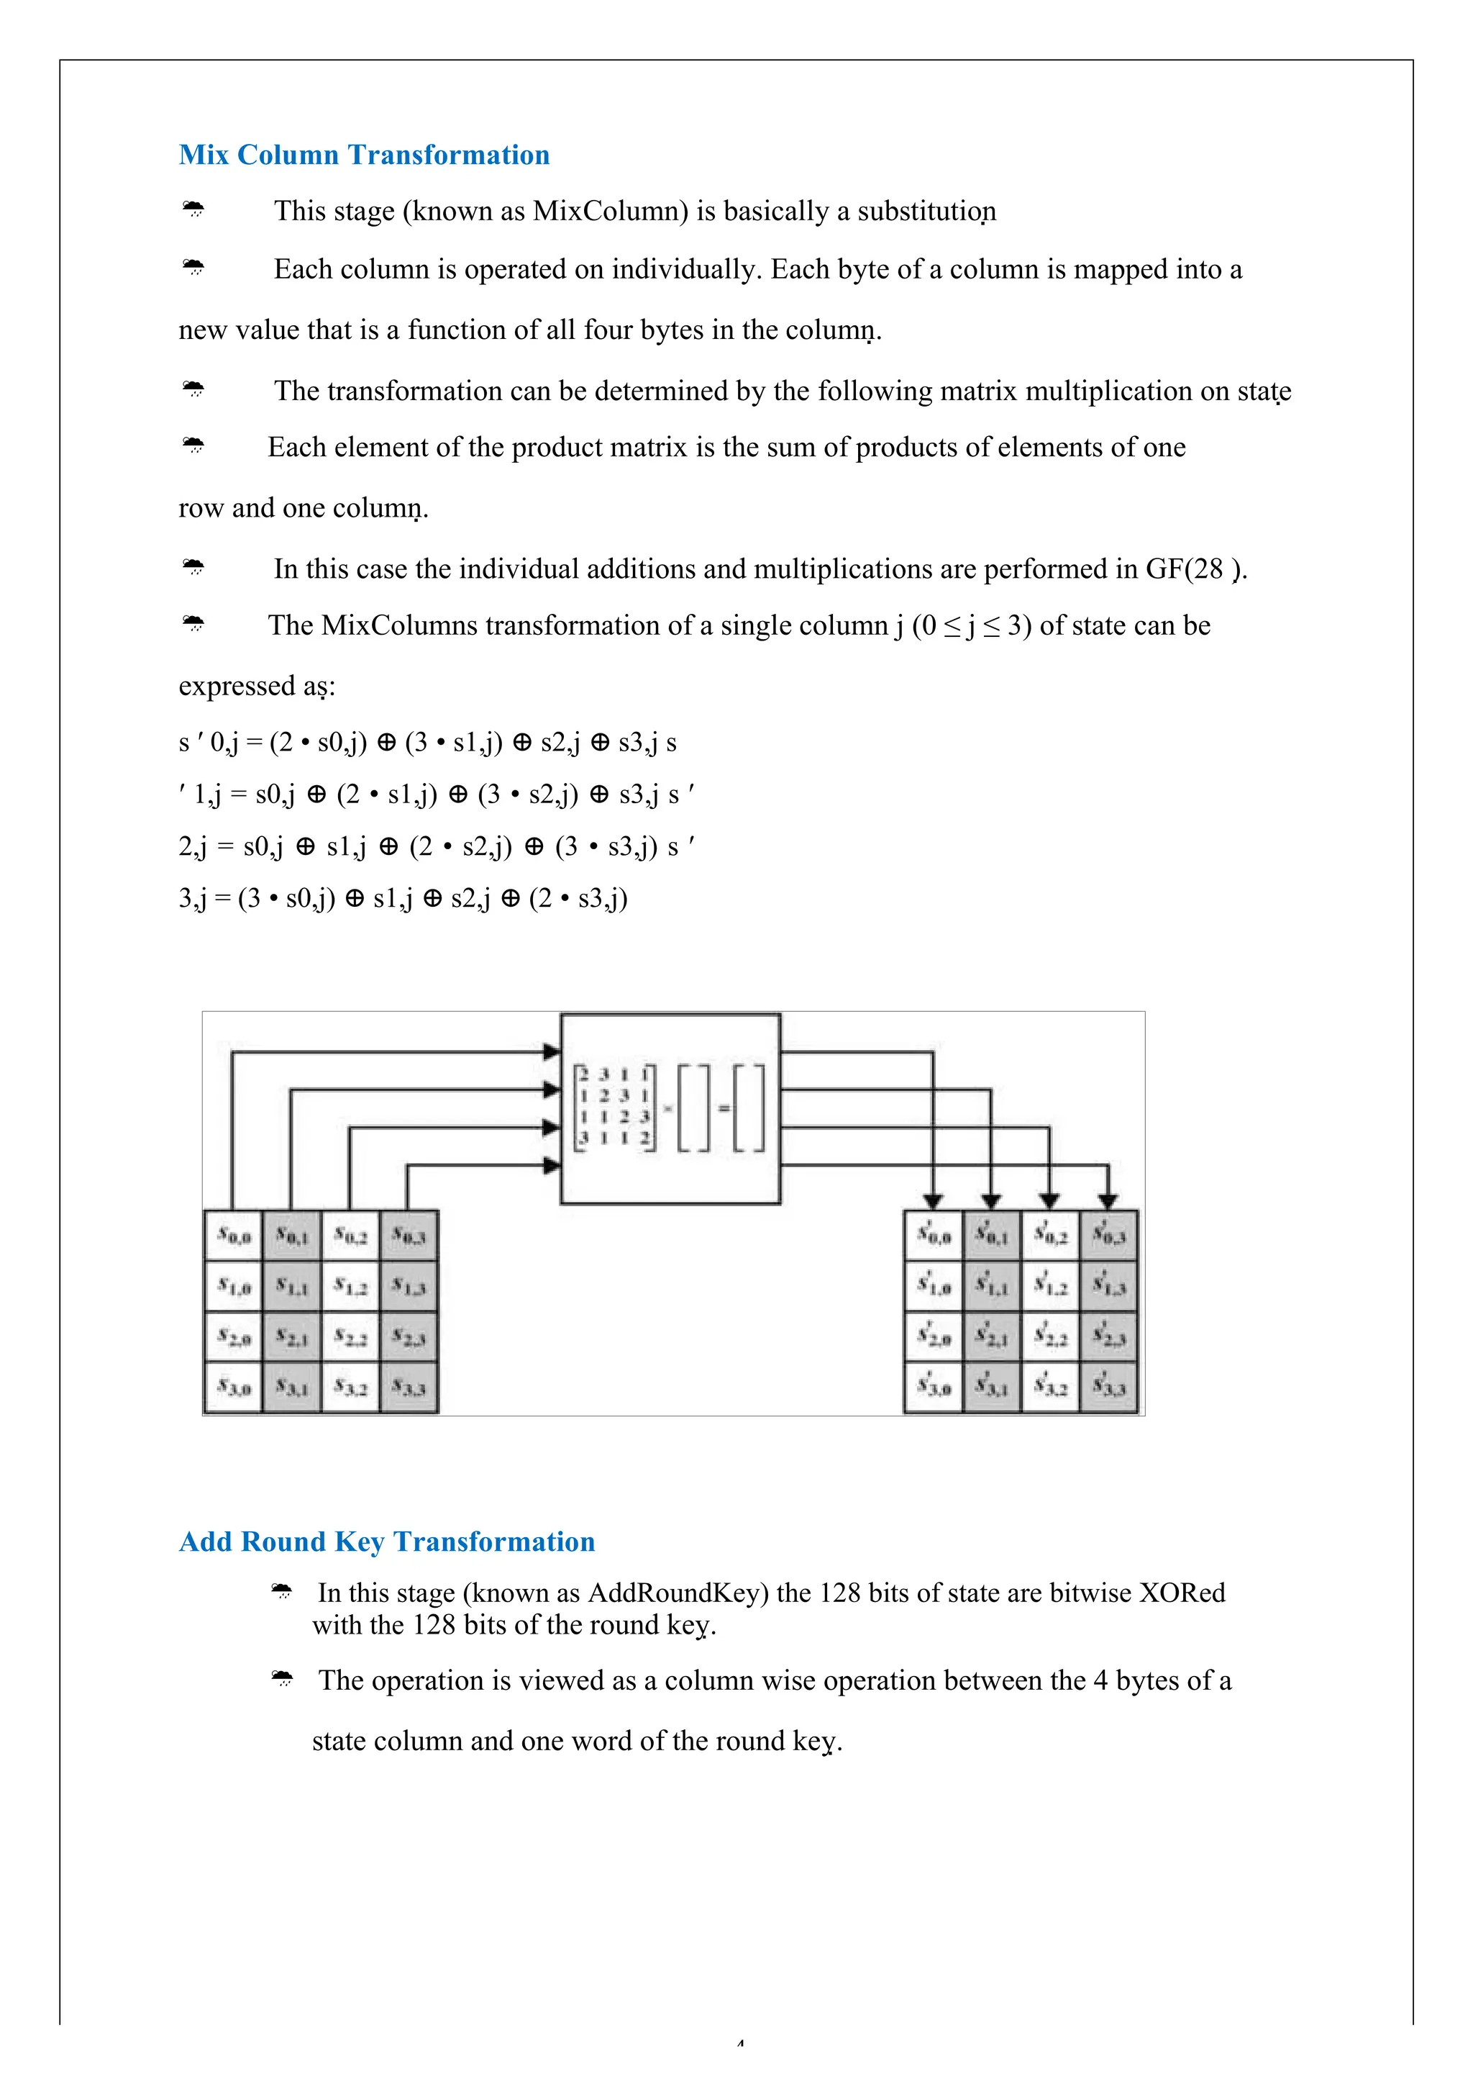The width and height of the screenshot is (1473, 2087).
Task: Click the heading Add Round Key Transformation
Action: pos(386,1542)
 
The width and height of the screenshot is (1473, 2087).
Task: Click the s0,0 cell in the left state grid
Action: pos(234,1236)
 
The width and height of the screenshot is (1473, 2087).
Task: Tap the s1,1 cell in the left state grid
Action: pos(292,1286)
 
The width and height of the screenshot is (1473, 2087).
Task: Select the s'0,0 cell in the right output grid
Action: pos(934,1236)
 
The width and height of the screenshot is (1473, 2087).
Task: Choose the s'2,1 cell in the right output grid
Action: pos(991,1337)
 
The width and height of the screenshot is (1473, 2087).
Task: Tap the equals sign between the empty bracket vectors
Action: pos(724,1108)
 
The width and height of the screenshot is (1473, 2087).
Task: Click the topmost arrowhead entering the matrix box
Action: pos(552,1051)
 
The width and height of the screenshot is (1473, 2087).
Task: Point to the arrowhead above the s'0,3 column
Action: pos(1108,1201)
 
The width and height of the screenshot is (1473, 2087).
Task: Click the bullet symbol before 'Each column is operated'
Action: pos(193,268)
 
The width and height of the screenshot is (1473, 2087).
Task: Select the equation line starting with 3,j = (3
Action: pos(403,898)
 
